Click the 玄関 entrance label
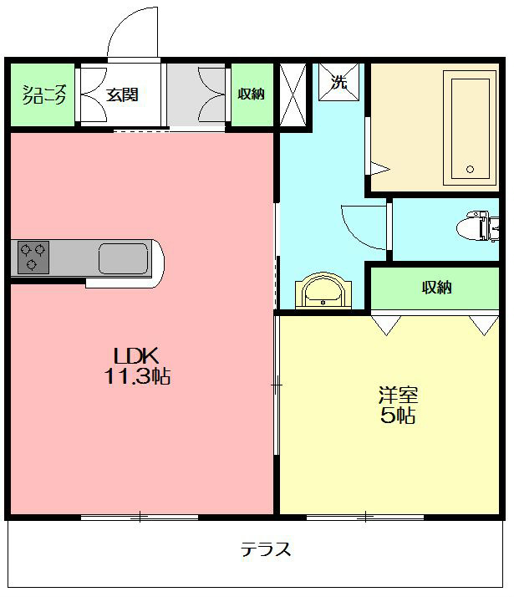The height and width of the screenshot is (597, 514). (122, 94)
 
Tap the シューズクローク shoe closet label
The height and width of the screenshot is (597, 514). (44, 94)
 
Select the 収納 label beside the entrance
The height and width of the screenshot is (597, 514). (251, 94)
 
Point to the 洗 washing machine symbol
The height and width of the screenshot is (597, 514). (338, 82)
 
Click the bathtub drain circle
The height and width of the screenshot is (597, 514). (470, 170)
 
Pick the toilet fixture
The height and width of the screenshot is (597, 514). (477, 227)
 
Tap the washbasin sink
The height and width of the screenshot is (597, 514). (323, 290)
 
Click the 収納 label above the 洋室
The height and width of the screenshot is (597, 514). (436, 288)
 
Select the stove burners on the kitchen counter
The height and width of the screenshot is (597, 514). (33, 257)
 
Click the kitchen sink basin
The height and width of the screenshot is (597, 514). (123, 258)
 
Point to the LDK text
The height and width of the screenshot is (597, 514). (136, 356)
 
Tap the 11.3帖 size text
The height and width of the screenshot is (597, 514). (137, 376)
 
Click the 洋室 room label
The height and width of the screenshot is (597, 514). (398, 395)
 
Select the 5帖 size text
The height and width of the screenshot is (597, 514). (398, 416)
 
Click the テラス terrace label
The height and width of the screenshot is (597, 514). (266, 549)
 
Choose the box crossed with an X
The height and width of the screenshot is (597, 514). (293, 94)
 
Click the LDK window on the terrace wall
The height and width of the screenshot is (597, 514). (140, 517)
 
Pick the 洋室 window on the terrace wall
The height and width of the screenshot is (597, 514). (365, 517)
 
